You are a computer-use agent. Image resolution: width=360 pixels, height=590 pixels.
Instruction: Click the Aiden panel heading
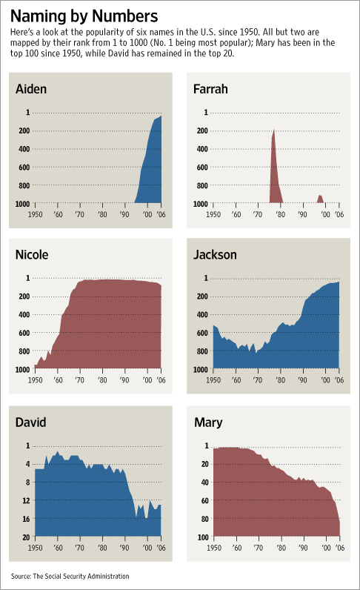tap(31, 90)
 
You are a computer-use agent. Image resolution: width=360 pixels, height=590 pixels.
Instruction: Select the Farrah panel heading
tap(211, 90)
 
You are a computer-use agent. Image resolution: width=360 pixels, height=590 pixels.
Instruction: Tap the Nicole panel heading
tap(32, 255)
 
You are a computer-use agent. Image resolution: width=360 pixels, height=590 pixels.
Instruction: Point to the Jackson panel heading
tap(216, 255)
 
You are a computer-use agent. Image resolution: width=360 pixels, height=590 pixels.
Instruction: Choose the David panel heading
tap(31, 422)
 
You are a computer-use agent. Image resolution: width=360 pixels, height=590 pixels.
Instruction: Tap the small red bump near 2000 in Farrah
tap(320, 199)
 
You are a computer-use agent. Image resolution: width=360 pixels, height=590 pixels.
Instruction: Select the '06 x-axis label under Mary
tap(339, 547)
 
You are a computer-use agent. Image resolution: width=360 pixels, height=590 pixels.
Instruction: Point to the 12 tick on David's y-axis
tap(26, 500)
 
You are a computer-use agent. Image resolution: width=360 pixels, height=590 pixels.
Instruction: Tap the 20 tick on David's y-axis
tap(26, 537)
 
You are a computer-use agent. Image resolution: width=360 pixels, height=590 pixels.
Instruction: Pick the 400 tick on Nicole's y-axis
tap(24, 314)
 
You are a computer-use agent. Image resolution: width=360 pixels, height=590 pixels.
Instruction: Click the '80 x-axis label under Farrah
tap(280, 213)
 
